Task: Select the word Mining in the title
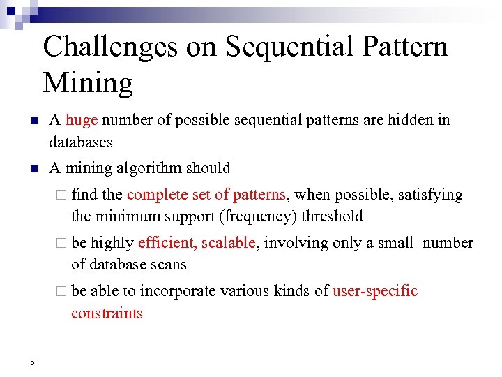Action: [88, 82]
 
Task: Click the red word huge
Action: [82, 120]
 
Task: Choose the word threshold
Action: [332, 216]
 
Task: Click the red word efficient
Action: [167, 243]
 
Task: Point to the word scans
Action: [169, 265]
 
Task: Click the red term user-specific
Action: [375, 291]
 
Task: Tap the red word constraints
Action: [107, 313]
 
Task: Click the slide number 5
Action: [32, 362]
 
